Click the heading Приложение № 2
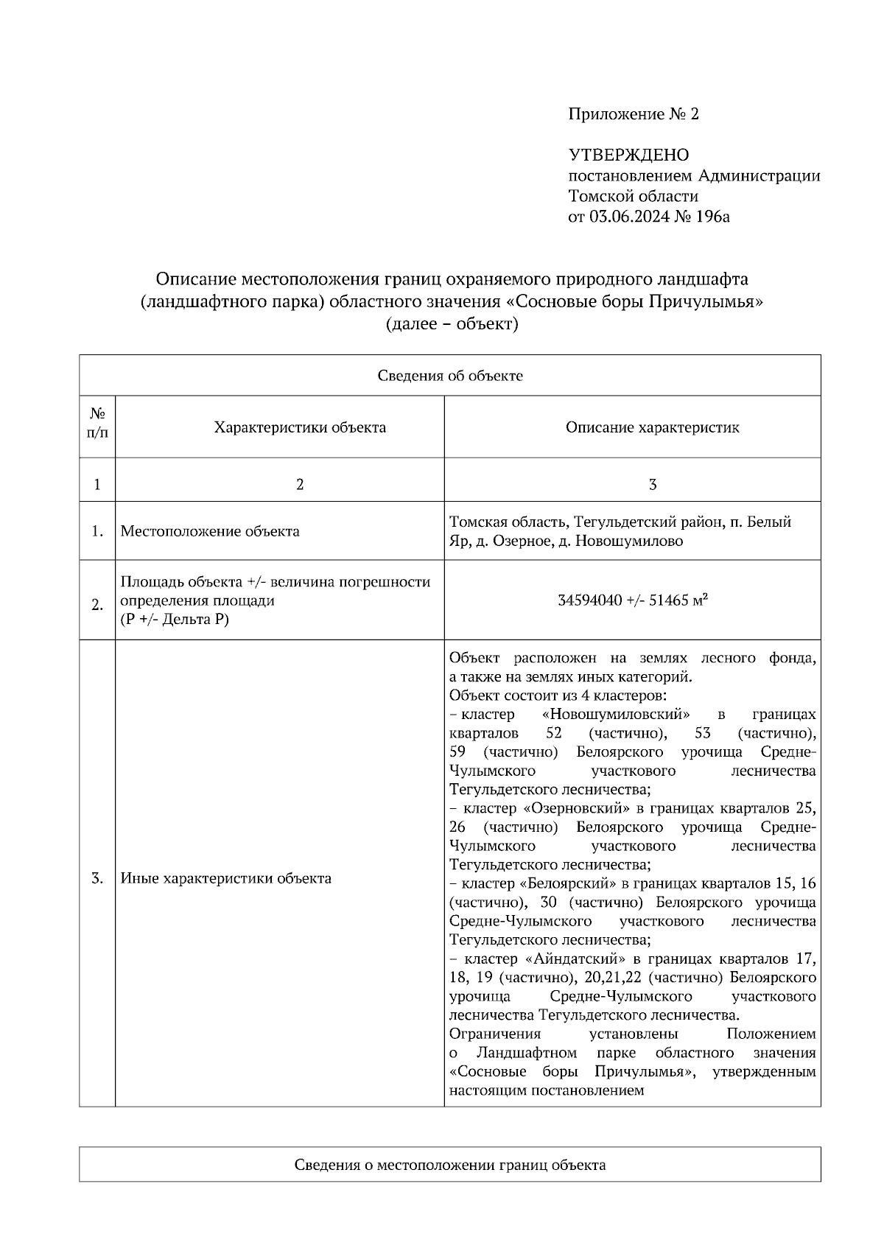(633, 114)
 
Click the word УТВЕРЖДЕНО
(628, 155)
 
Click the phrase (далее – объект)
(452, 323)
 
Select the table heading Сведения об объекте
(450, 376)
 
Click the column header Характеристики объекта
(300, 427)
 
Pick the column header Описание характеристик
(653, 427)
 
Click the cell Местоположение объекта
(210, 531)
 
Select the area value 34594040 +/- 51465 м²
(633, 600)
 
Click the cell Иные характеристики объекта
(225, 878)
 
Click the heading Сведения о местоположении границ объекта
(450, 1165)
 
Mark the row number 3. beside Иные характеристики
(97, 878)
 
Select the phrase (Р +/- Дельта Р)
(175, 620)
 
